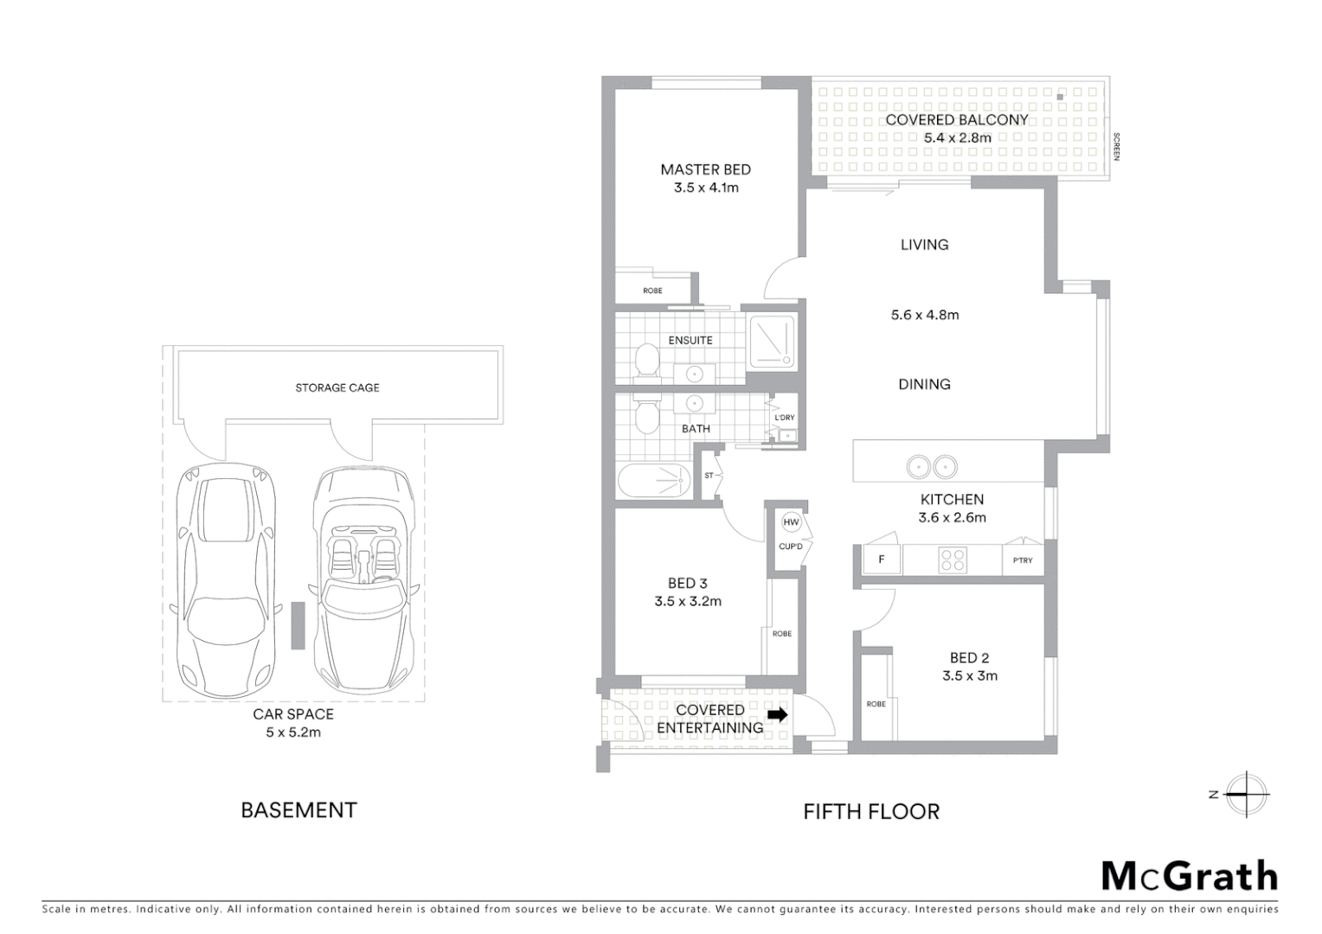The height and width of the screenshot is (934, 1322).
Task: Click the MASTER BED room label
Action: click(705, 170)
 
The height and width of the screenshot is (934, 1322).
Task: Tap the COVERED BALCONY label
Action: click(956, 120)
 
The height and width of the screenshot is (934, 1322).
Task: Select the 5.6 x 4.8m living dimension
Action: click(924, 315)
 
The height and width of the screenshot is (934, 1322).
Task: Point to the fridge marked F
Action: click(882, 560)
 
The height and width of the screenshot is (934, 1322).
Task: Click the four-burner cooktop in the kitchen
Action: click(953, 560)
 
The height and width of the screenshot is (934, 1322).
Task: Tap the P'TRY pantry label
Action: click(1023, 560)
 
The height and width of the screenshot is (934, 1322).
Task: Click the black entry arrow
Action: click(778, 715)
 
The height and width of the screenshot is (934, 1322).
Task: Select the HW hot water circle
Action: click(791, 522)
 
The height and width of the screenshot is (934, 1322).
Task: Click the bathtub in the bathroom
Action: click(654, 482)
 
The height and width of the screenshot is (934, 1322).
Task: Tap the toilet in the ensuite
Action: click(645, 360)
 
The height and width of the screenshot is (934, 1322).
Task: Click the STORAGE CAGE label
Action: click(337, 387)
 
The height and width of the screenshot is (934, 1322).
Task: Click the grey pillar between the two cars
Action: click(297, 626)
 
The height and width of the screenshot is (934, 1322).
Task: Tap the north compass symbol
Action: click(1245, 794)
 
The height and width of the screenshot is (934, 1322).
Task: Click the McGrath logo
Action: click(1189, 876)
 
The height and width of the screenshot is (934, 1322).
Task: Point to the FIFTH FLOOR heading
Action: click(870, 811)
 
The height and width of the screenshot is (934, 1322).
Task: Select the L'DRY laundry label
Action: click(784, 418)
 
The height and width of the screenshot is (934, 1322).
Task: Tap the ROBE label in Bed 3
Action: click(781, 634)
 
